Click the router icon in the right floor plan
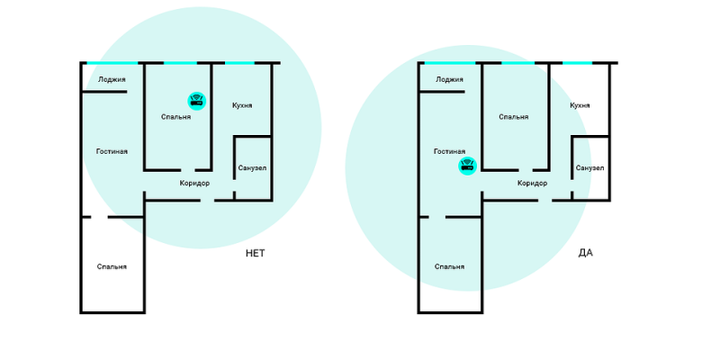[467, 166]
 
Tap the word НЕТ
[256, 253]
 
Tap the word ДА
[586, 253]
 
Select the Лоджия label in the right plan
[449, 79]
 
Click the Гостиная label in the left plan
[112, 151]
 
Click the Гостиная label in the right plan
[449, 151]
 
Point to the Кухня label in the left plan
[241, 105]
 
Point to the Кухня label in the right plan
[580, 105]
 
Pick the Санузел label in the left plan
[252, 168]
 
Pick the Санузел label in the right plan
[589, 168]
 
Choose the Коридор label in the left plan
[194, 184]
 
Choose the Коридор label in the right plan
[532, 184]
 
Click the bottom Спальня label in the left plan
[112, 266]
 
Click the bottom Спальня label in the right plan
[449, 266]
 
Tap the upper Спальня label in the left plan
[175, 117]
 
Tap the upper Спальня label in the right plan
[513, 117]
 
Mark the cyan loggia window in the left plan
[112, 63]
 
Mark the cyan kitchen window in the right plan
[578, 63]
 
